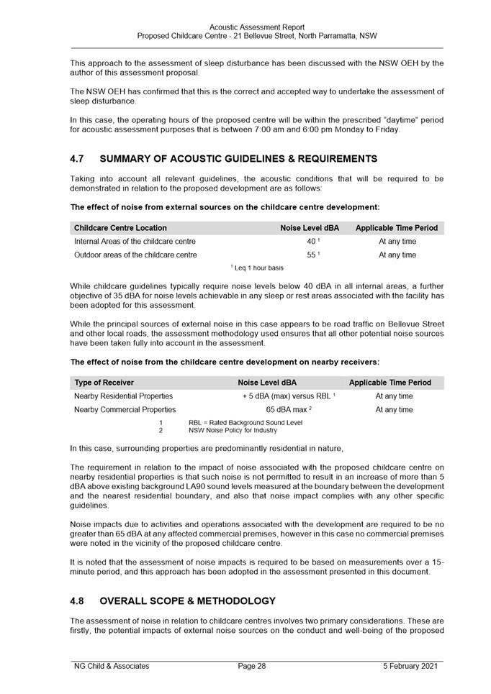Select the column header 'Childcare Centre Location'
coord(120,228)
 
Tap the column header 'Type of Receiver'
coord(104,383)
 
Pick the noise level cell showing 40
coord(312,242)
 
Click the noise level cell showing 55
coord(312,255)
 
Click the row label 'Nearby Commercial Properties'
coord(125,410)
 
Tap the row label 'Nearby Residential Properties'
coord(124,396)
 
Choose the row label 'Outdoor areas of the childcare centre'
coord(135,255)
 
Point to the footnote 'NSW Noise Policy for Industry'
coord(233,430)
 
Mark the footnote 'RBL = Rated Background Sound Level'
coord(245,422)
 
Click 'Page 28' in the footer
coord(252,666)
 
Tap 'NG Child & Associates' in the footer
coord(112,666)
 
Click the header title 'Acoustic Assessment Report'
coord(257,27)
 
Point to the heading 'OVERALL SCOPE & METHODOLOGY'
coord(187,601)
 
